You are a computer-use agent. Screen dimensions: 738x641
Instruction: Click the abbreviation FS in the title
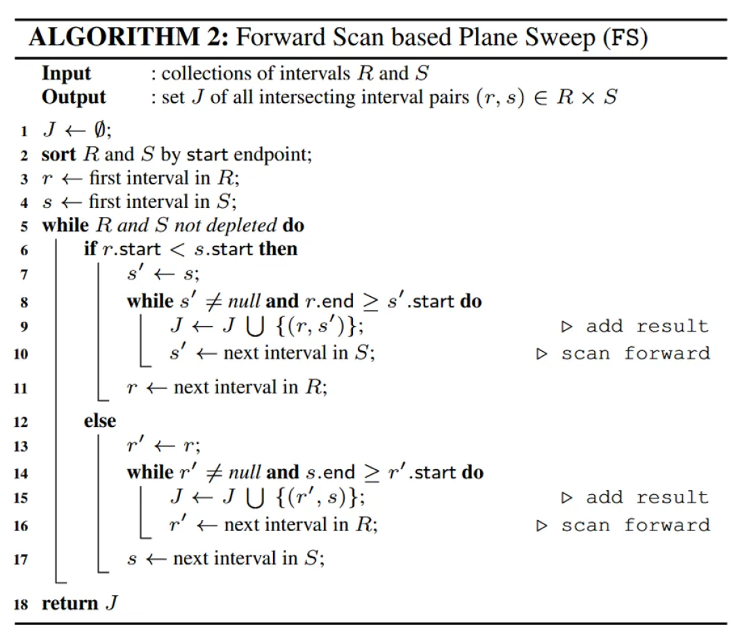[622, 38]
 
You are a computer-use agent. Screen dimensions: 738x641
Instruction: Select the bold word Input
[67, 74]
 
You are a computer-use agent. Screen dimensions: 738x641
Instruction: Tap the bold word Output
[74, 97]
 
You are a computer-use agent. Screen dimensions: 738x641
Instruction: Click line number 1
[24, 132]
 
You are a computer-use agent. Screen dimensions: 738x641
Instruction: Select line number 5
[24, 226]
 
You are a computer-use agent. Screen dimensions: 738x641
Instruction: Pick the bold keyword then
[278, 249]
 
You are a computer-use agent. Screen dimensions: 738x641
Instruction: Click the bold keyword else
[100, 421]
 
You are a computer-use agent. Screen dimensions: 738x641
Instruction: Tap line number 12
[21, 421]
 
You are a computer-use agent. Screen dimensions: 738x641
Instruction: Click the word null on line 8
[245, 301]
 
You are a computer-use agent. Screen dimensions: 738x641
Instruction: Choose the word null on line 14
[245, 473]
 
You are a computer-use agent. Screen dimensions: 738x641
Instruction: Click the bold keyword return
[70, 603]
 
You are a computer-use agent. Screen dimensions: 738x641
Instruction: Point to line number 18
[21, 603]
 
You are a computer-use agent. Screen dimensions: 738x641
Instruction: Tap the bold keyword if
[90, 249]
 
